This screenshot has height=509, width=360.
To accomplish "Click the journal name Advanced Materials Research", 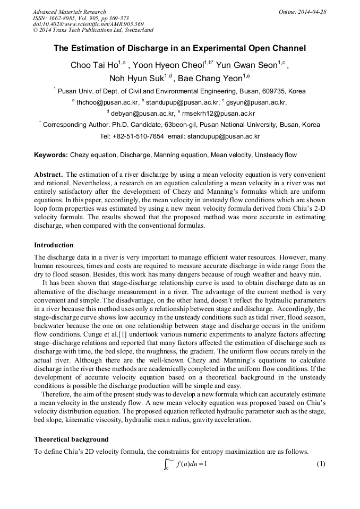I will [69, 12].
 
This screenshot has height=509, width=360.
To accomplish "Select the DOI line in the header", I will [88, 24].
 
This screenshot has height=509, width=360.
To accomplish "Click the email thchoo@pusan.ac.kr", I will [107, 102].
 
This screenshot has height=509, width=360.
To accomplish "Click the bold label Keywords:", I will [51, 155].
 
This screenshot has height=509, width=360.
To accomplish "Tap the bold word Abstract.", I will [49, 174].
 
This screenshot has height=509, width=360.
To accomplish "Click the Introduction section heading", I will [54, 245].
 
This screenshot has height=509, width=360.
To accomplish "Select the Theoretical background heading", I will [71, 439].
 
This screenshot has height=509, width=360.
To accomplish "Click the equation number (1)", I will [321, 464].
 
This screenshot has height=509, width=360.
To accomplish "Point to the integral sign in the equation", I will [166, 464].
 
